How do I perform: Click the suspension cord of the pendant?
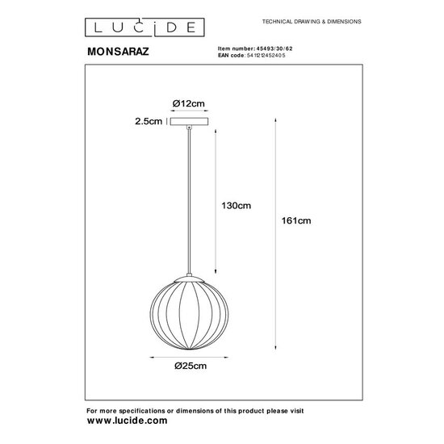tap(189, 202)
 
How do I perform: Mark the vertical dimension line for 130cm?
tap(216, 202)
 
